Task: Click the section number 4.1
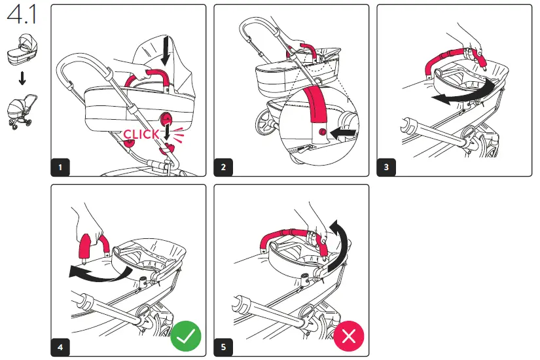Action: coord(21,15)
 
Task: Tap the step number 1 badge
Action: coord(60,167)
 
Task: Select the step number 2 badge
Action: coord(223,167)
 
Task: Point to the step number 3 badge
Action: coord(386,167)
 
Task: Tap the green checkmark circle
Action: coord(186,336)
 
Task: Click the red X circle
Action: coord(349,336)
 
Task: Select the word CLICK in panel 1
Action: coord(141,134)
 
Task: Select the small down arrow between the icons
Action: coord(22,79)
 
